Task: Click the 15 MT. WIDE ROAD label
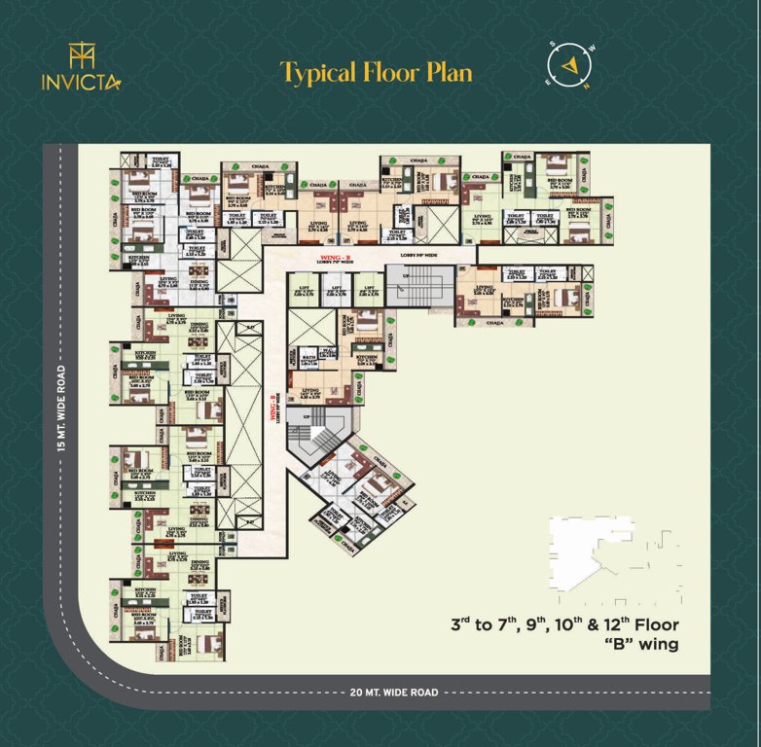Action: coord(61,409)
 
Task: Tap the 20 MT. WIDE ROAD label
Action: coord(393,693)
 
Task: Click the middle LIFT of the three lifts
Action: coord(336,290)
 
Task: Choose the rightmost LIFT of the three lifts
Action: coord(368,290)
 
